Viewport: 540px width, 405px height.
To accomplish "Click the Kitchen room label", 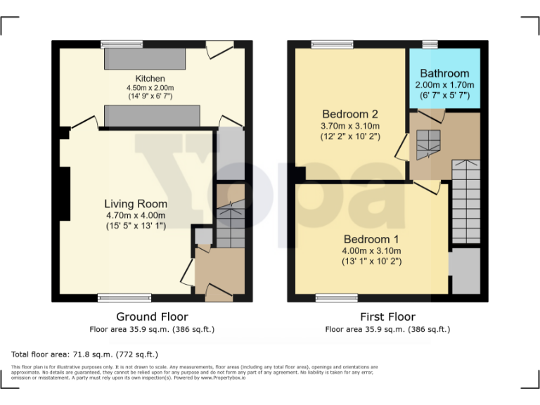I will pos(150,79).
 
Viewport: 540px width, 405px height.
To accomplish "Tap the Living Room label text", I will pos(136,204).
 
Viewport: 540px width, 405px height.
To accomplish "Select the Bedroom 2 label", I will pos(350,114).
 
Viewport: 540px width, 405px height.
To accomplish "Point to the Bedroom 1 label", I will pos(371,239).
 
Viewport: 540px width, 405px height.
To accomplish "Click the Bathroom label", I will pos(444,73).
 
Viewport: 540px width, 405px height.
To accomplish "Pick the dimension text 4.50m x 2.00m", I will pos(150,88).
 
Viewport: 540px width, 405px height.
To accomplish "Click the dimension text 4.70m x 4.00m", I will pos(136,215).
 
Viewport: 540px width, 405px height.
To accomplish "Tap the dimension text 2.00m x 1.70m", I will pos(444,84).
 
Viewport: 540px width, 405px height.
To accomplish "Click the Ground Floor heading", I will pos(152,316).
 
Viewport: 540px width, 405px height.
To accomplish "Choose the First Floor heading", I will pos(387,316).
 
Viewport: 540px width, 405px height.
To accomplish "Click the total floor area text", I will pos(85,354).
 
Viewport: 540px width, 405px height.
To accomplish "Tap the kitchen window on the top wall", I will pos(122,44).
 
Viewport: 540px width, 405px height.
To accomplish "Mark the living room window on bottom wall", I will pos(124,297).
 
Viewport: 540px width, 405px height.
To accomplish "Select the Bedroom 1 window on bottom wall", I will pos(335,297).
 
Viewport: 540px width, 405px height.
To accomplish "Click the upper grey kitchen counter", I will pos(145,60).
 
